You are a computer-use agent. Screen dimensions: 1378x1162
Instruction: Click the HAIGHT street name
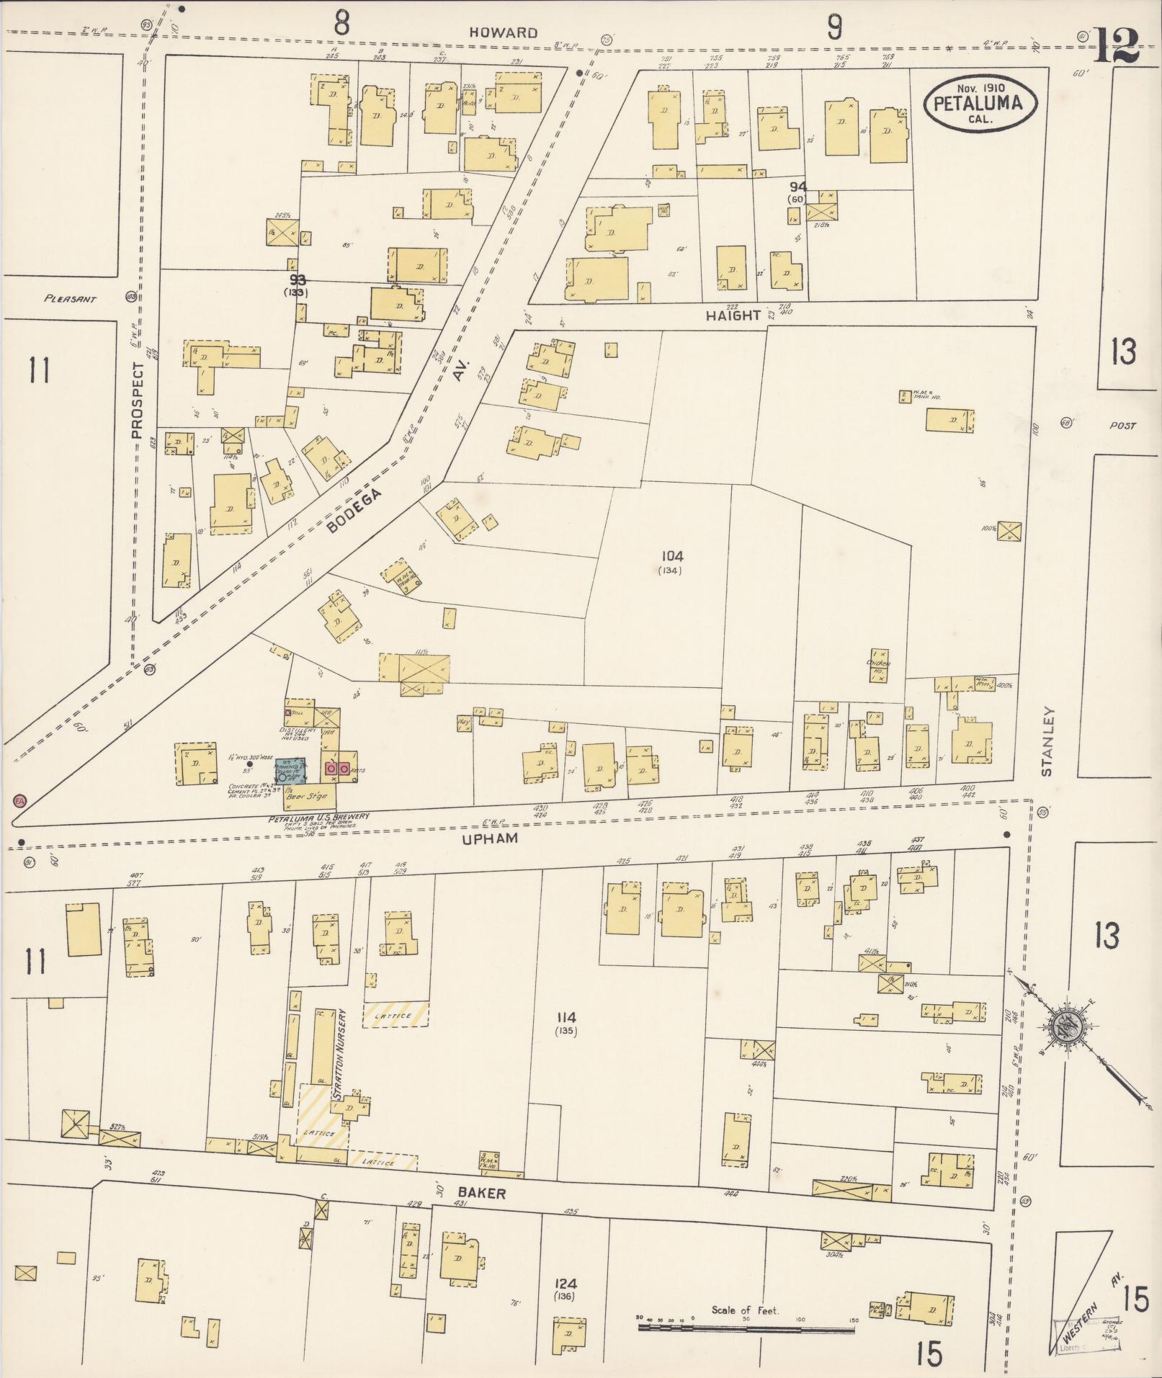(x=733, y=315)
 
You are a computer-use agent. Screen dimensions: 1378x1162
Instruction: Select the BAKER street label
(x=482, y=1194)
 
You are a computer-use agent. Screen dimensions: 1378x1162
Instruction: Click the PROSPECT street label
(x=138, y=400)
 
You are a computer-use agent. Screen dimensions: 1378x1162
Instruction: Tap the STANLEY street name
(x=1047, y=742)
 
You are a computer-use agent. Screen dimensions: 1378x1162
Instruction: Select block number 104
(x=670, y=556)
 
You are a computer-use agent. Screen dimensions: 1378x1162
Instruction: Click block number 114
(x=566, y=1017)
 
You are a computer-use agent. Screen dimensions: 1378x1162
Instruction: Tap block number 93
(x=297, y=279)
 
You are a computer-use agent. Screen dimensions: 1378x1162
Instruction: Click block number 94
(x=797, y=187)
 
